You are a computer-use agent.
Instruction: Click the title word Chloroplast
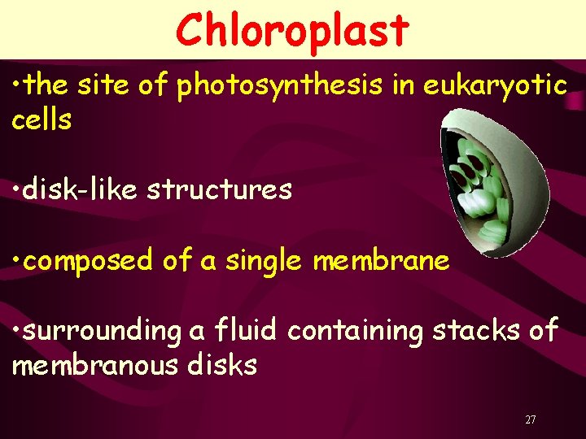(292, 31)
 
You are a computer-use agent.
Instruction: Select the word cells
(42, 120)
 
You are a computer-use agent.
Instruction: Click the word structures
(219, 189)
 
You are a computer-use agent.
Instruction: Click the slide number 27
(531, 419)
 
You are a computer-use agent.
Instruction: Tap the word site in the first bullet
(105, 85)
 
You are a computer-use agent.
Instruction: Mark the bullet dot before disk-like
(16, 190)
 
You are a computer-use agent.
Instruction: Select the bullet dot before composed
(16, 261)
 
